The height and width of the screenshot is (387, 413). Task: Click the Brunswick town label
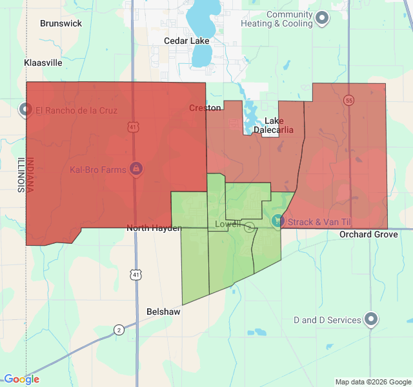click(x=61, y=23)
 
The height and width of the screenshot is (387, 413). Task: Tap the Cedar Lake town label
click(x=186, y=41)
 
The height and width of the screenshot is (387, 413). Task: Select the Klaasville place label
click(x=43, y=63)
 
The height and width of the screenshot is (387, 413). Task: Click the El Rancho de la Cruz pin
click(x=26, y=110)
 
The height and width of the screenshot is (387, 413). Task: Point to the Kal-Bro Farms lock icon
click(x=136, y=170)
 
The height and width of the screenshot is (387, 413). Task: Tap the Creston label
click(x=205, y=108)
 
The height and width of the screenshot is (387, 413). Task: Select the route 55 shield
click(x=349, y=101)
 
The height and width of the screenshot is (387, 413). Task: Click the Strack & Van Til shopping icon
click(x=277, y=221)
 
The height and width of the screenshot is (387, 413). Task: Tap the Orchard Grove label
click(x=369, y=234)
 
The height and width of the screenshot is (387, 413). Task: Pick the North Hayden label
click(x=154, y=228)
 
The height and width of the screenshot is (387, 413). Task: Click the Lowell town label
click(x=227, y=224)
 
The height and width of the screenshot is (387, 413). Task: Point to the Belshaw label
click(x=163, y=311)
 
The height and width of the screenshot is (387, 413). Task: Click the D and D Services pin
click(x=371, y=319)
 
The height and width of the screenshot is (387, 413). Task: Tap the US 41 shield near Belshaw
click(x=135, y=275)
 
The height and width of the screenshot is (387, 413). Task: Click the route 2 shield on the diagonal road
click(x=119, y=330)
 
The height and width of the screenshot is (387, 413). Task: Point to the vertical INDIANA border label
click(x=30, y=175)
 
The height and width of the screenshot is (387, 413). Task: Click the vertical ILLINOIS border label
click(x=20, y=175)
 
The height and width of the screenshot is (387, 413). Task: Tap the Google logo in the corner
click(x=21, y=379)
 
